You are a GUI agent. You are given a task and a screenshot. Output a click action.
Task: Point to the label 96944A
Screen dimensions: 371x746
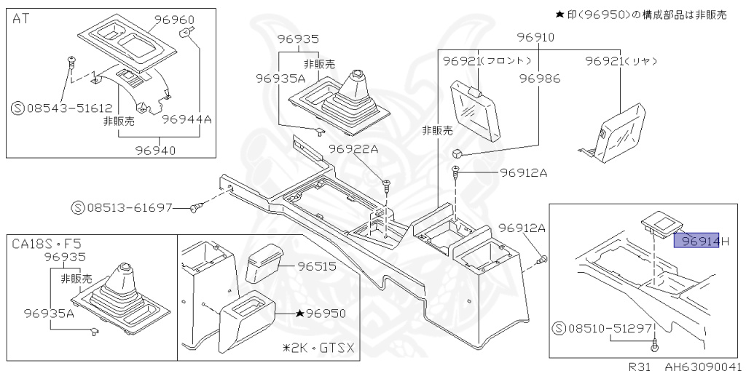click(186, 119)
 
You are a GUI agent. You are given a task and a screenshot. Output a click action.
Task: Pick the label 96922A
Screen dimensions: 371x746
click(353, 149)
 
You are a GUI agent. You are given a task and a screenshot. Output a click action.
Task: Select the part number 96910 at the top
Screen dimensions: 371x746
click(535, 37)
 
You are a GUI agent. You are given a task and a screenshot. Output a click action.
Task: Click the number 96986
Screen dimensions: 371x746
click(539, 78)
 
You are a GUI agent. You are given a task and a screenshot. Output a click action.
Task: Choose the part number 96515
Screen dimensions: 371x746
click(317, 266)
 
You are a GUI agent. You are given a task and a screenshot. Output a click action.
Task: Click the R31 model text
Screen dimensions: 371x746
click(640, 366)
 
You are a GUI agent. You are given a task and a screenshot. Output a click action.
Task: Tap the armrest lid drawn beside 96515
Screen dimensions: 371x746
click(264, 266)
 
